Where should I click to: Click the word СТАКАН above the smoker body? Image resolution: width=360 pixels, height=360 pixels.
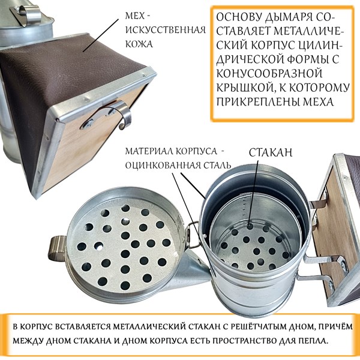pyautogui.click(x=271, y=152)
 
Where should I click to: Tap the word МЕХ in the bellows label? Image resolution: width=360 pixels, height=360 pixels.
pyautogui.click(x=135, y=16)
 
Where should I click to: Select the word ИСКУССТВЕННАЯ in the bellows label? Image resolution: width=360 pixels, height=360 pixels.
pyautogui.click(x=166, y=30)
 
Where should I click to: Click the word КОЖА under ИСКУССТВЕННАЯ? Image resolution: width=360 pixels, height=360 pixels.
pyautogui.click(x=139, y=44)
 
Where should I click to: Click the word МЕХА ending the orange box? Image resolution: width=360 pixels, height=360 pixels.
pyautogui.click(x=319, y=102)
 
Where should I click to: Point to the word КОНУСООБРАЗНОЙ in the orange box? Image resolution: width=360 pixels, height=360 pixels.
pyautogui.click(x=269, y=73)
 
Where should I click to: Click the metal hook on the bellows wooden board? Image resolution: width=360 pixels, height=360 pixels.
pyautogui.click(x=107, y=115)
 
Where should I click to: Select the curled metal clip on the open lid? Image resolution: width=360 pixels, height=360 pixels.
pyautogui.click(x=57, y=248)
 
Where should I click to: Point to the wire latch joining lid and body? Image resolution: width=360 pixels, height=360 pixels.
pyautogui.click(x=193, y=235)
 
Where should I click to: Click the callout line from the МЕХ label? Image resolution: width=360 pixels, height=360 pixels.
pyautogui.click(x=101, y=35)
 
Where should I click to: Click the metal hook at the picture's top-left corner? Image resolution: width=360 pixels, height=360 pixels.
pyautogui.click(x=26, y=13)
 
